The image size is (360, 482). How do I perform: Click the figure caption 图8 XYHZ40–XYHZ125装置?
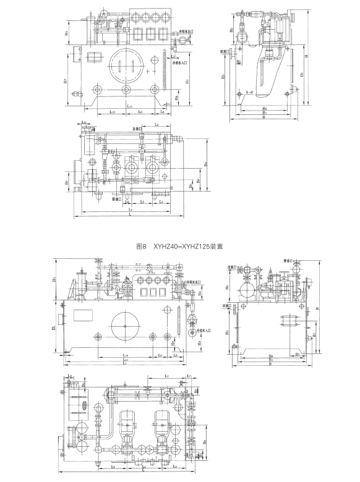coord(179,245)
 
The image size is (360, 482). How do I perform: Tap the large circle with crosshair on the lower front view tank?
coord(126,322)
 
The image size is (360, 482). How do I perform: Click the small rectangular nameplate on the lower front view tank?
coord(83,314)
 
